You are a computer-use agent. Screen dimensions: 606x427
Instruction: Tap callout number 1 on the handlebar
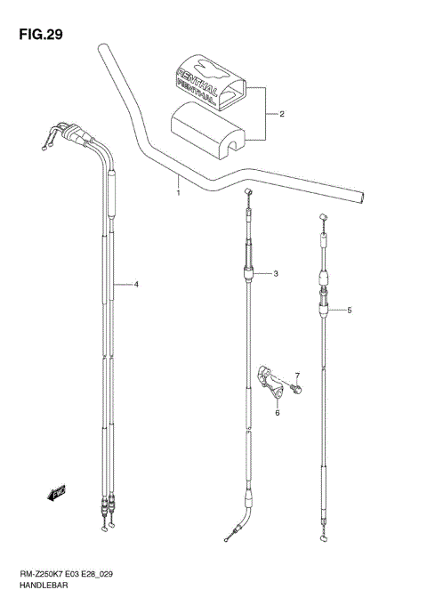pyautogui.click(x=178, y=192)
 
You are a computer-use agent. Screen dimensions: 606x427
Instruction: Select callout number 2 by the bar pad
pyautogui.click(x=282, y=114)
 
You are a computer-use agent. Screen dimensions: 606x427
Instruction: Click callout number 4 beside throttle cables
pyautogui.click(x=136, y=285)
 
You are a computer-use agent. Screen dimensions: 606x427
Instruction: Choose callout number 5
pyautogui.click(x=350, y=311)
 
